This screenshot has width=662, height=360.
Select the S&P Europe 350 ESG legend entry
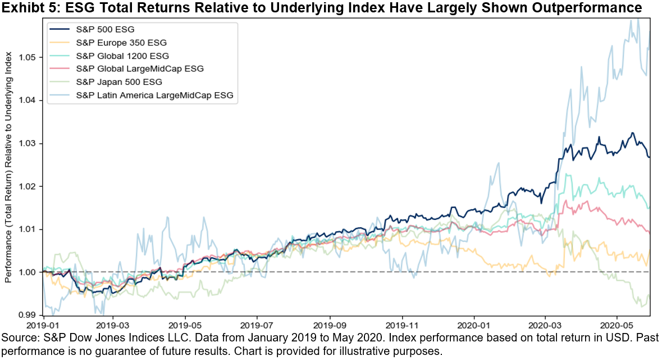121,42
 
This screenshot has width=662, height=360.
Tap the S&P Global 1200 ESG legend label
122,56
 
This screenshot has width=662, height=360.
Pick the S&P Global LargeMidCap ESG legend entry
140,69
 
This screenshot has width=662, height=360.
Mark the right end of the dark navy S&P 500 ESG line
650,157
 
